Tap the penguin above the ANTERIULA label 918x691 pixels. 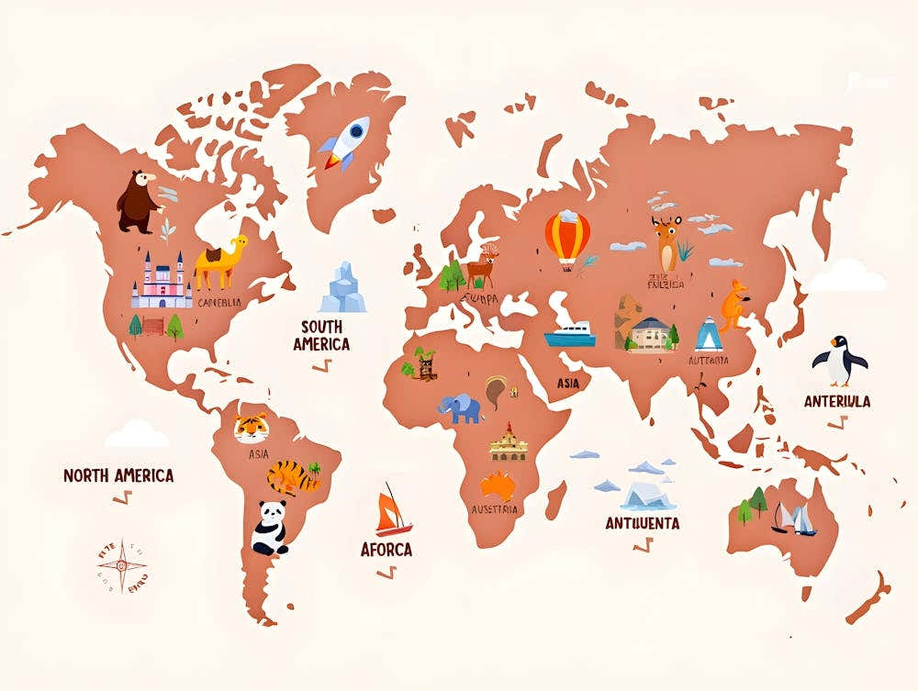tap(839, 360)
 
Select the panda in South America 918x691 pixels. tap(270, 528)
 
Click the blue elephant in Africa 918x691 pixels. tap(460, 407)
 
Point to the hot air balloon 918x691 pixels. tap(567, 237)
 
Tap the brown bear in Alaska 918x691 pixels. tap(138, 201)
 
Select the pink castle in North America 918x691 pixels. tap(161, 282)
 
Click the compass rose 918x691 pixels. tap(123, 565)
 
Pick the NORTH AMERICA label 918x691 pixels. tap(118, 475)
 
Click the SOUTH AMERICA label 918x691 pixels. tap(321, 335)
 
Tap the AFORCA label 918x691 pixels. tap(386, 550)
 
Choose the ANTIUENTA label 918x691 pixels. tap(643, 523)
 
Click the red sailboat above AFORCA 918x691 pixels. tap(393, 511)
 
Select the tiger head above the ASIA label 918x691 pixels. tap(251, 428)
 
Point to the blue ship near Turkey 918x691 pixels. tap(570, 335)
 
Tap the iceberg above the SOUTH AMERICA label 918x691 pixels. tap(342, 287)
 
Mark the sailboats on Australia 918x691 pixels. tap(794, 518)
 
